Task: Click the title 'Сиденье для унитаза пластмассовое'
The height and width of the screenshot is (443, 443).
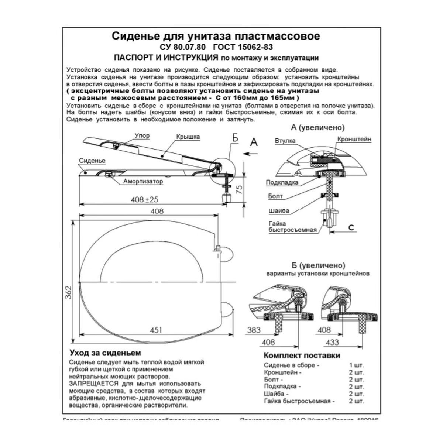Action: coord(216,36)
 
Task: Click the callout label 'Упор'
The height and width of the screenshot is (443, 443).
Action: coord(142,135)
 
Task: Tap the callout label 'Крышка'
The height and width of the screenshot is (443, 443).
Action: coord(188,137)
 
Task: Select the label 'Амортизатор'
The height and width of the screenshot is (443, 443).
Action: coord(143,181)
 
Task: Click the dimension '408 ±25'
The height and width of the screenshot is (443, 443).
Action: coord(144,199)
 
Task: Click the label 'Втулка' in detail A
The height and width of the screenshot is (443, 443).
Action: coord(285,141)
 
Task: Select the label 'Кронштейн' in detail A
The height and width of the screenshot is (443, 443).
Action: coord(354,139)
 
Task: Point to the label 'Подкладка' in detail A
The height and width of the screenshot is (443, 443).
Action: coord(281,182)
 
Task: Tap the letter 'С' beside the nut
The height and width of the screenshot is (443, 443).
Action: coord(351,227)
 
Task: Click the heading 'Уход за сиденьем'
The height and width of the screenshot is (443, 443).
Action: coord(105,353)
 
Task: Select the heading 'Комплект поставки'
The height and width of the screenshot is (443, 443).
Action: coord(302,356)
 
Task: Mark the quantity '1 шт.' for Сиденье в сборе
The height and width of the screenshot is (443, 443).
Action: coord(356,365)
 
